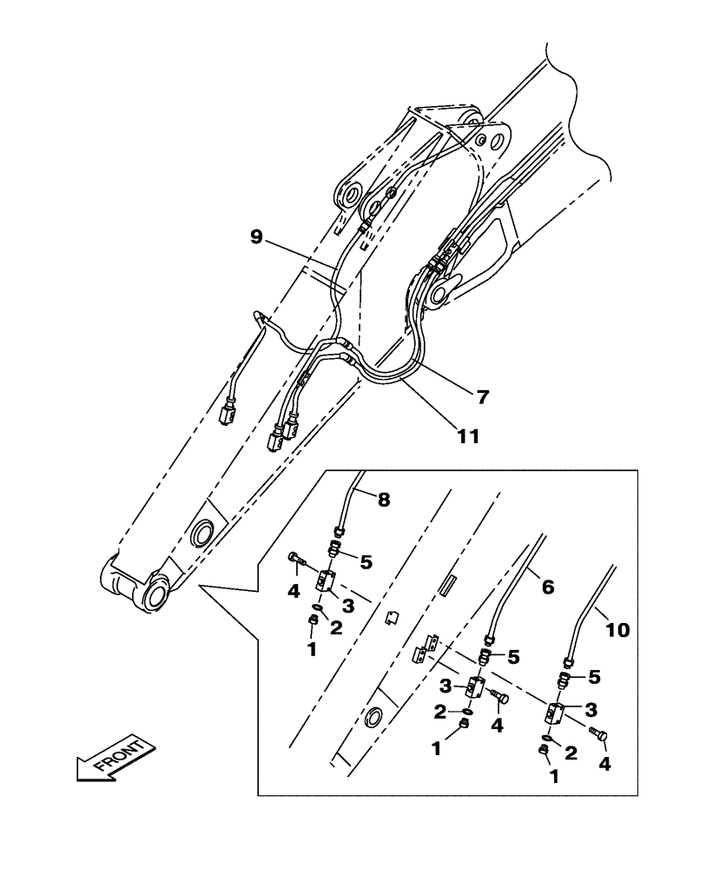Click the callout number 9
coord(256,236)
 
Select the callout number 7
coord(482,397)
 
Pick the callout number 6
coord(547,587)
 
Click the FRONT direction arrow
coord(113,759)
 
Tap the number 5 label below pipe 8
coord(366,562)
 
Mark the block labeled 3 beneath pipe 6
coord(477,687)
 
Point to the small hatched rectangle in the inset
coord(449,580)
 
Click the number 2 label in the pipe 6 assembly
coord(440,712)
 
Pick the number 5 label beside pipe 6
coord(516,656)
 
